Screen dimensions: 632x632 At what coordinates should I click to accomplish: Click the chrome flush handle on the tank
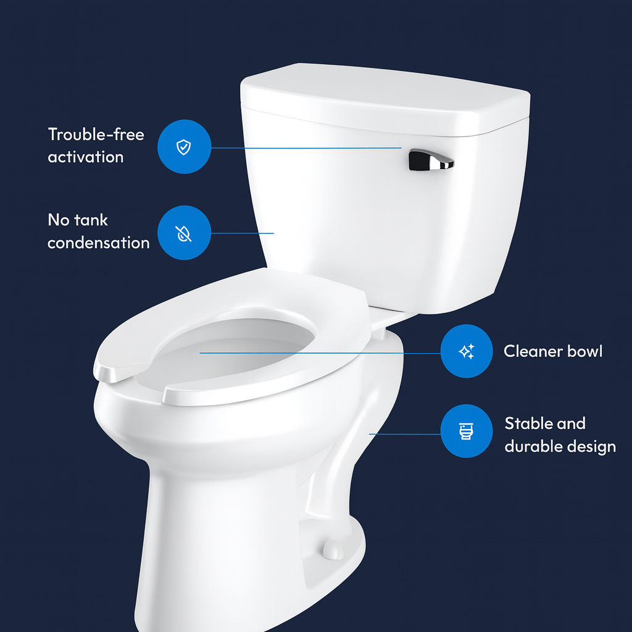pos(430,160)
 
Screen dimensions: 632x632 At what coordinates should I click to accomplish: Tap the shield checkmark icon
pos(184,147)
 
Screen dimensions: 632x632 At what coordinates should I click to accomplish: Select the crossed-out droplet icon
pos(183,233)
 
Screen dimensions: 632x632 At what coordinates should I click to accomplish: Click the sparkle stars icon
pos(467,351)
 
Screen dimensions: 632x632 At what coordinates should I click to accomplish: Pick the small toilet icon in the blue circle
pos(467,431)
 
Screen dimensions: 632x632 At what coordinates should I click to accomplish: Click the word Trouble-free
pos(96,134)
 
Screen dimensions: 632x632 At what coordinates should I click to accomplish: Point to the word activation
pos(85,157)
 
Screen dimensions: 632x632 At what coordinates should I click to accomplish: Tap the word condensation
pos(98,243)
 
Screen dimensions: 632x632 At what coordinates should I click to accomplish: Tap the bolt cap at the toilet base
pos(333,550)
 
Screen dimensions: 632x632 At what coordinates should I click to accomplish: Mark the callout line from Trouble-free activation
pos(306,148)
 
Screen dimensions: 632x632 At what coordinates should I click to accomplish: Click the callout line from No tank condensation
pos(242,233)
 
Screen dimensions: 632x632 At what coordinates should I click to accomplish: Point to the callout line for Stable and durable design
pos(405,434)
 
